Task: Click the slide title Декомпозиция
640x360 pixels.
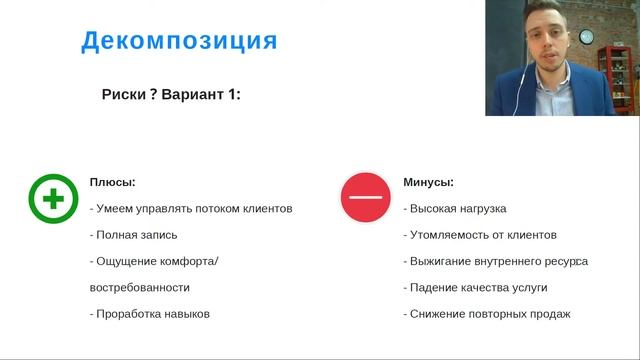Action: click(x=179, y=41)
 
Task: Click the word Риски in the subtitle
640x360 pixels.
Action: click(x=123, y=95)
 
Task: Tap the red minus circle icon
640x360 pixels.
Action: click(x=365, y=198)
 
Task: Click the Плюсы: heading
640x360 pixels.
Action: click(x=112, y=182)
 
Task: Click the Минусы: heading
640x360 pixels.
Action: click(x=428, y=182)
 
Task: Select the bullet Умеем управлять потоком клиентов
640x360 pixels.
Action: click(x=191, y=209)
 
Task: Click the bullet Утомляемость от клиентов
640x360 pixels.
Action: click(x=480, y=235)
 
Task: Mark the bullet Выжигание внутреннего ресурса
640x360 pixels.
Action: click(x=495, y=261)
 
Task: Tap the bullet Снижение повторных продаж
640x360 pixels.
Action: click(x=487, y=313)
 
